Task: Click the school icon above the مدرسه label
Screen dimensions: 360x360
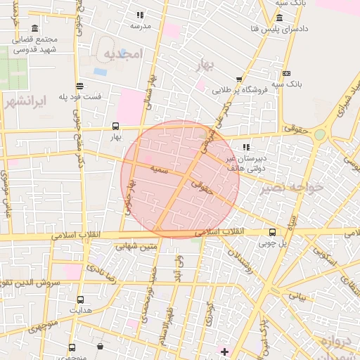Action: pos(140,14)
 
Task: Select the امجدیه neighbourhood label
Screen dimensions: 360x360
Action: pos(123,53)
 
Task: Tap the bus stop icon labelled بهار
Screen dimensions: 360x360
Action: pos(115,126)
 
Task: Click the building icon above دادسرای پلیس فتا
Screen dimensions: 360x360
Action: pos(280,18)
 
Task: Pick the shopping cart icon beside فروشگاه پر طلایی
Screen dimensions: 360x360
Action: pos(239,79)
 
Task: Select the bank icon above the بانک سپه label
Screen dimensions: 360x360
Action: pos(286,73)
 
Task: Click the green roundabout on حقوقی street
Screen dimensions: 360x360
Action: pos(320,134)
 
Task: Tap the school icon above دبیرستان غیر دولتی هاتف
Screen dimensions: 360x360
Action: pos(245,147)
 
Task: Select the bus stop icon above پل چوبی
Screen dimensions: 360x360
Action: pos(272,232)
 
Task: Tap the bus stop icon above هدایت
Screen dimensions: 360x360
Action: pos(79,299)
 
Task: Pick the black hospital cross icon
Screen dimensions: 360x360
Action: pos(224,351)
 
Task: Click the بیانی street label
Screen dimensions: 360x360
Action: pos(297,296)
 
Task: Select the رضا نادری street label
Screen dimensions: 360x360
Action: pos(96,264)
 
